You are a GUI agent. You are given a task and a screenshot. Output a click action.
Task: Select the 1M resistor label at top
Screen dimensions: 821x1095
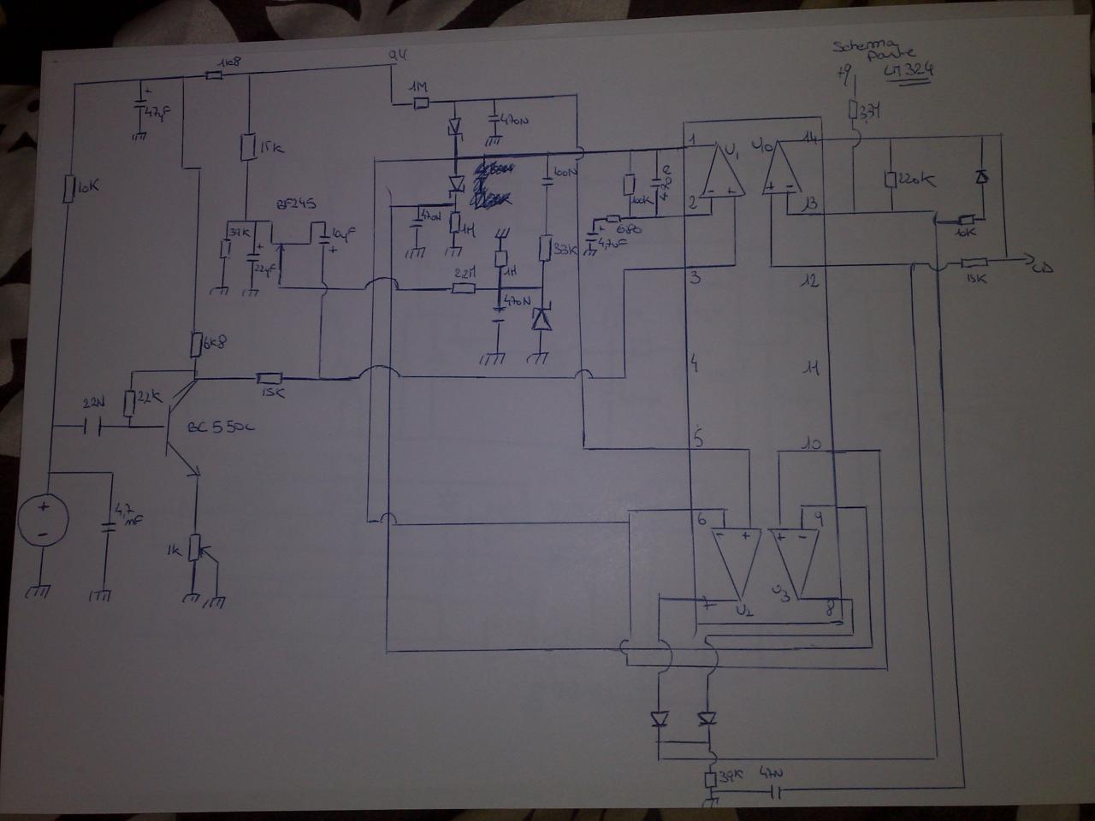418,88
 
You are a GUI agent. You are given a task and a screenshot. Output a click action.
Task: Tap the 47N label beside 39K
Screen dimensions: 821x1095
772,774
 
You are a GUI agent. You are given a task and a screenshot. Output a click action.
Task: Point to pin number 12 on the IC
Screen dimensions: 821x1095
810,280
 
